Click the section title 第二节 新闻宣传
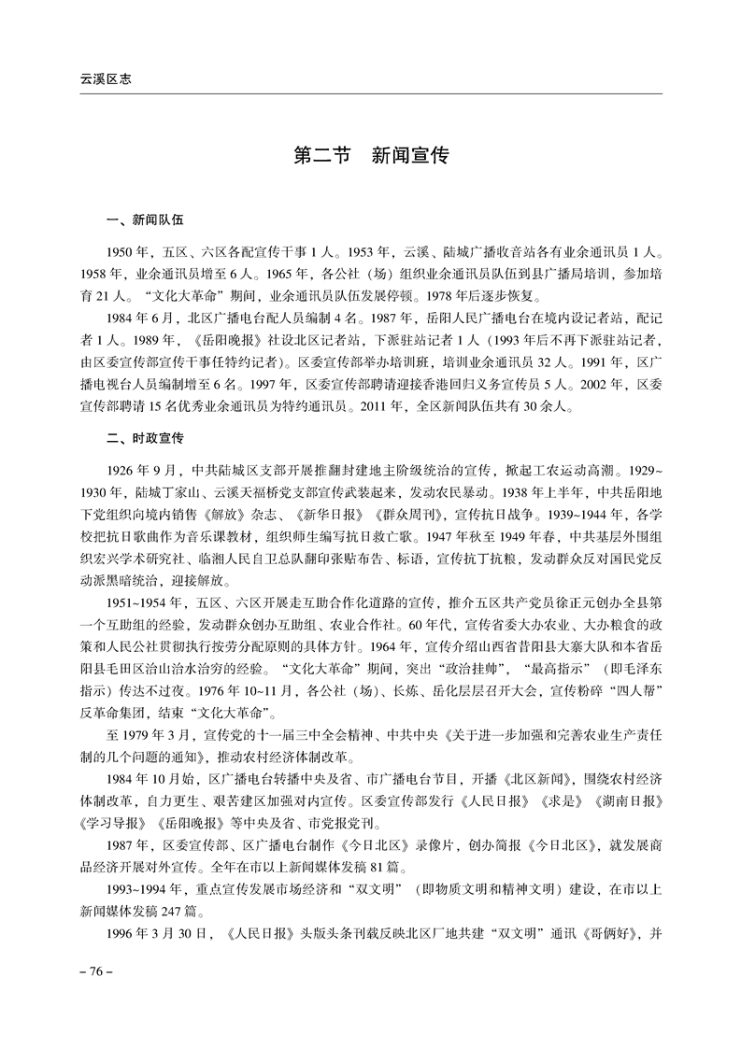370,156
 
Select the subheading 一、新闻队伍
145,220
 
